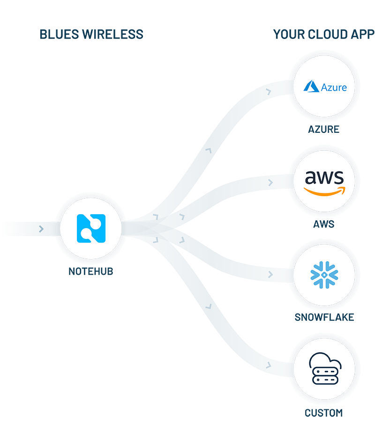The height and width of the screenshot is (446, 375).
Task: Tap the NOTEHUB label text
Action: coord(91,271)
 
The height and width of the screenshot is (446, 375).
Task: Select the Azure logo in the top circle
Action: coord(324,87)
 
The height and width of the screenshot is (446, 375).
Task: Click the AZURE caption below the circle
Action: coord(323,130)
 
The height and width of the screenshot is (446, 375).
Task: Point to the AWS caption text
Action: coord(324,224)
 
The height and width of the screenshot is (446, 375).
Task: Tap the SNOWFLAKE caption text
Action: coord(324,318)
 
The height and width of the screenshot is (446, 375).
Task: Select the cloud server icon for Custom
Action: coord(324,369)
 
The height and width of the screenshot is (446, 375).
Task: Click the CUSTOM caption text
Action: coord(324,413)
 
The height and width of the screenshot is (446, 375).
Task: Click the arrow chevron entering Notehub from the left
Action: coord(42,229)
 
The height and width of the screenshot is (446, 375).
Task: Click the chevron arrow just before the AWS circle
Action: coord(270,182)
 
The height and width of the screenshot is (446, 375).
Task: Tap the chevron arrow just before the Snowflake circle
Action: coord(270,275)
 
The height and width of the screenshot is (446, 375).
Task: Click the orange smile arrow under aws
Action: coord(324,191)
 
